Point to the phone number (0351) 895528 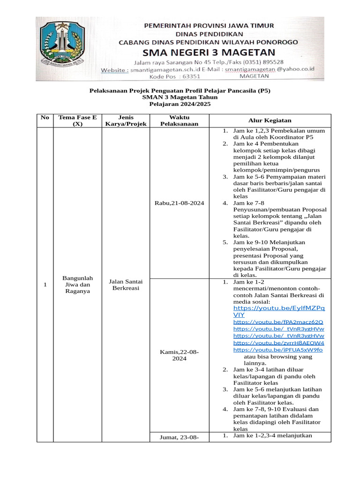point(262,62)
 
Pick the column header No point(45,117)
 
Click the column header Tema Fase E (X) point(77,120)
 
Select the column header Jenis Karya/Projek point(125,120)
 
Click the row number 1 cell point(45,285)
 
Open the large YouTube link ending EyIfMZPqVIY point(278,312)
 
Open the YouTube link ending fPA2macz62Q point(278,322)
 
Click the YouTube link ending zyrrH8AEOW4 point(278,343)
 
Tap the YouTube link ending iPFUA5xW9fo point(278,350)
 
